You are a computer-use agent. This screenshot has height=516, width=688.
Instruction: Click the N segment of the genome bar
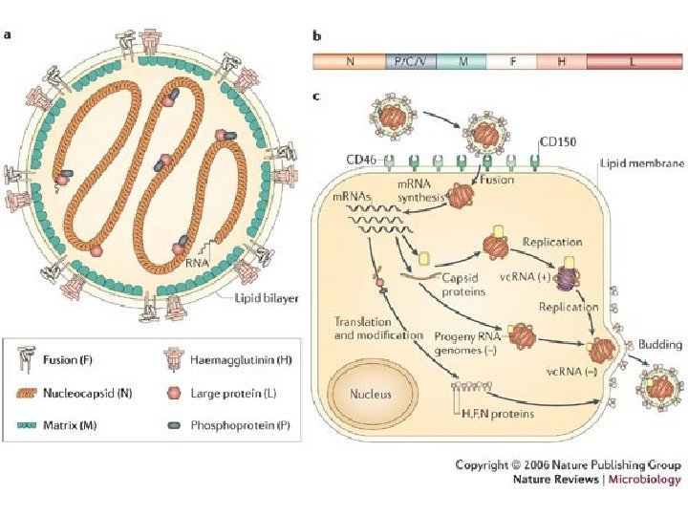[x=350, y=61]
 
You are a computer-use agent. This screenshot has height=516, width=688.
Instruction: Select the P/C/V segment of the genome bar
[x=410, y=61]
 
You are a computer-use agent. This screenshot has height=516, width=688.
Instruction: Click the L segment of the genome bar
[x=634, y=61]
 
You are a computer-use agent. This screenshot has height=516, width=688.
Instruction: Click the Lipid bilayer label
[x=267, y=298]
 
